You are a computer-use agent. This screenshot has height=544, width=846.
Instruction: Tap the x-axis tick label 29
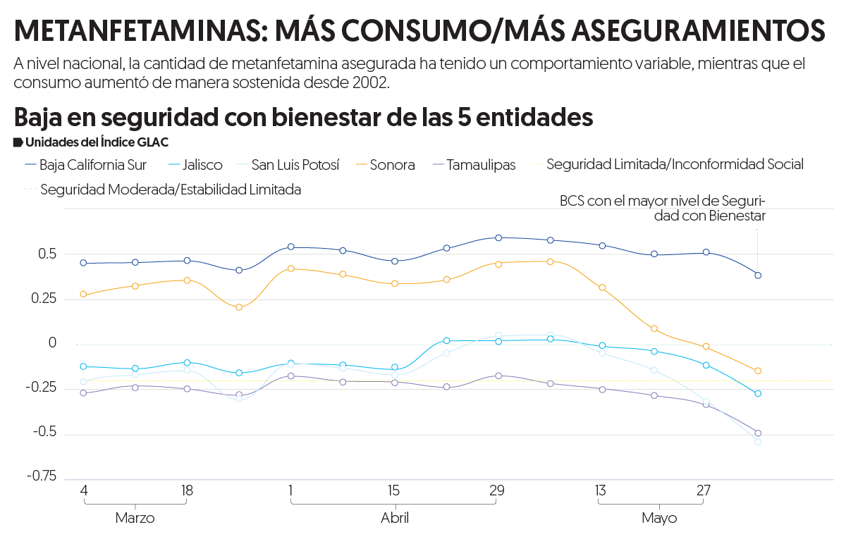497,490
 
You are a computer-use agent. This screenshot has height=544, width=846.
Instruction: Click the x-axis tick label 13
601,490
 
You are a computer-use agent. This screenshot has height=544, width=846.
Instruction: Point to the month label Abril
394,519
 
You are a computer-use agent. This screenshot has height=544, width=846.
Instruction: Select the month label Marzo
135,519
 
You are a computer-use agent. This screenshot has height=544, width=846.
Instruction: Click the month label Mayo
659,519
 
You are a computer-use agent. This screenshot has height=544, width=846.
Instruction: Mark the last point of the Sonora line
758,371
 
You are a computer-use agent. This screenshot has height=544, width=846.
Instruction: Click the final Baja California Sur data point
758,275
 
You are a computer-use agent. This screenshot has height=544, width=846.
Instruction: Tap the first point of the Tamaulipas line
83,392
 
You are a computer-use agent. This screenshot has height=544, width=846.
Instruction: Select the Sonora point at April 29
498,264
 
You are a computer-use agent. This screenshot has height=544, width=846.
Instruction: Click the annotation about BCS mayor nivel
663,209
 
